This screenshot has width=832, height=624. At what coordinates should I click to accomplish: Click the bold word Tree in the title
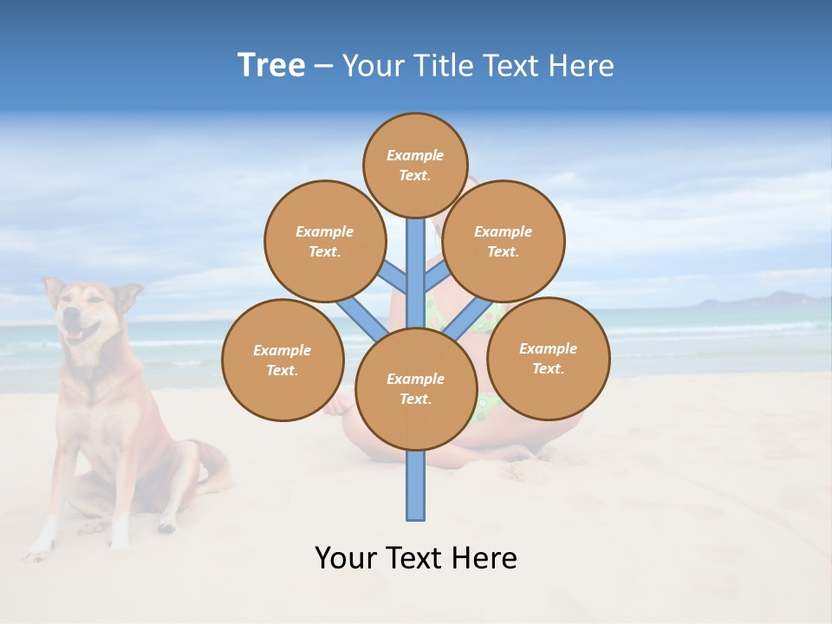[x=271, y=66]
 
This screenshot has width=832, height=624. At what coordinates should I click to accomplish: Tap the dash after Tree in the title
[x=323, y=67]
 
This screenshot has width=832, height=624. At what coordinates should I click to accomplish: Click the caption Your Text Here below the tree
[x=415, y=558]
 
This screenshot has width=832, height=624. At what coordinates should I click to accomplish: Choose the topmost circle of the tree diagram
[x=415, y=165]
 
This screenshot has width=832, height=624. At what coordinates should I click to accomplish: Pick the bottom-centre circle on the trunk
[x=415, y=389]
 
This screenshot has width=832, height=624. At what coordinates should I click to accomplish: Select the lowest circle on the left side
[x=283, y=360]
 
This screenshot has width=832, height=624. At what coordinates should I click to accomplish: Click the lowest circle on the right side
[x=548, y=358]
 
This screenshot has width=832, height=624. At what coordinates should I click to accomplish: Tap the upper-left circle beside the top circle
[x=324, y=241]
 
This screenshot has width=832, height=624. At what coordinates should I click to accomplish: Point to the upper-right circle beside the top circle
[x=503, y=241]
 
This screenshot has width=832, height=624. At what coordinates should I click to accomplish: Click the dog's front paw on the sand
[x=39, y=547]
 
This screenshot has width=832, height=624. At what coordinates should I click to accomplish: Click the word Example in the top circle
[x=415, y=155]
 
